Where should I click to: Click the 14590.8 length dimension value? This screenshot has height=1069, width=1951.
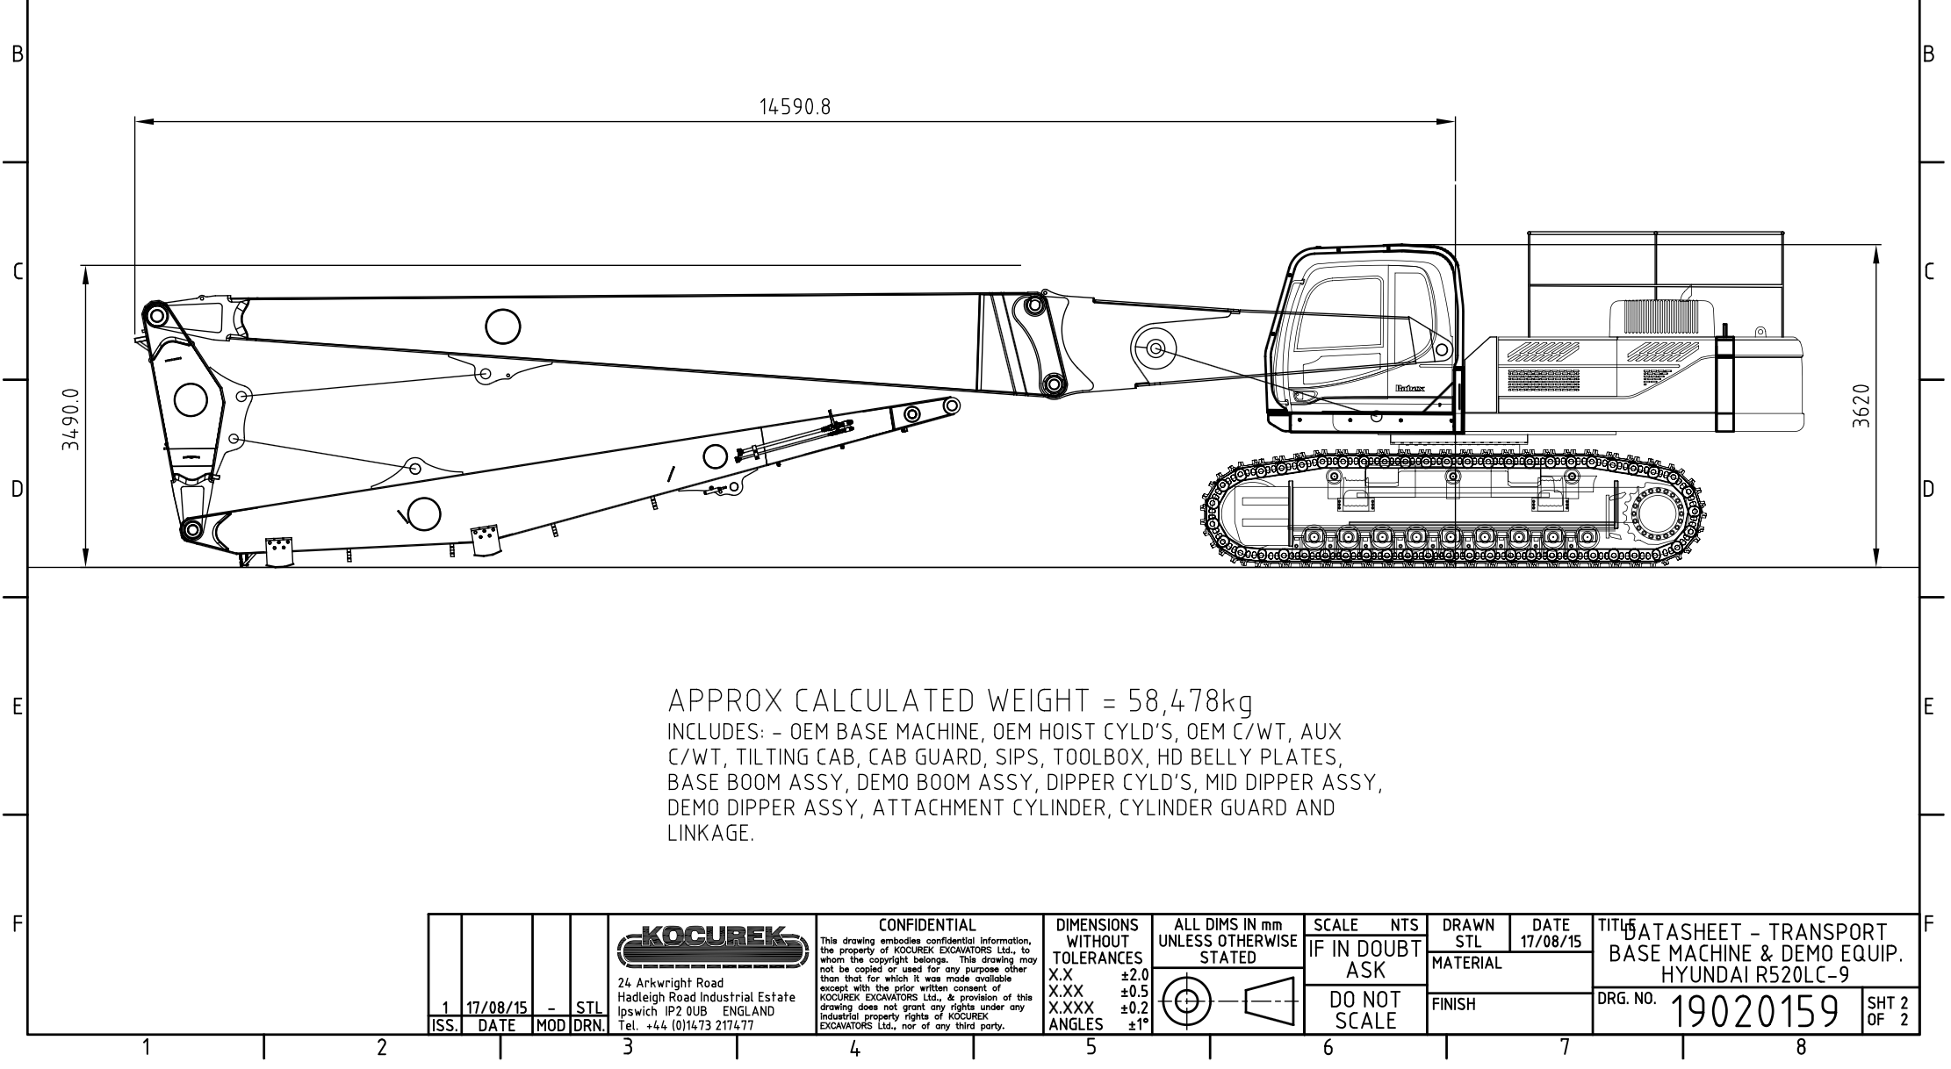pos(795,107)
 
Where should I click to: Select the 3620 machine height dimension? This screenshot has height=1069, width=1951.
pos(1860,406)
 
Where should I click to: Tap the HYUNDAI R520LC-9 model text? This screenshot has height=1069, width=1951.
pos(1755,975)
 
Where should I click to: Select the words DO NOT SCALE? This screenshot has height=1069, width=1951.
pos(1365,1010)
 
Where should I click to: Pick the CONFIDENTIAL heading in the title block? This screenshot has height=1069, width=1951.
pos(927,925)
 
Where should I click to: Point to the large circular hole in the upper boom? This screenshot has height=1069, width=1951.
pos(502,326)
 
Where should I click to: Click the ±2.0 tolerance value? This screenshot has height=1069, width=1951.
pos(1134,974)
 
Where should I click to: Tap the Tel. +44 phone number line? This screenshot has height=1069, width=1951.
pos(686,1024)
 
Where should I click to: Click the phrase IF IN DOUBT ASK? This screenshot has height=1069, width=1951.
pos(1365,958)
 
